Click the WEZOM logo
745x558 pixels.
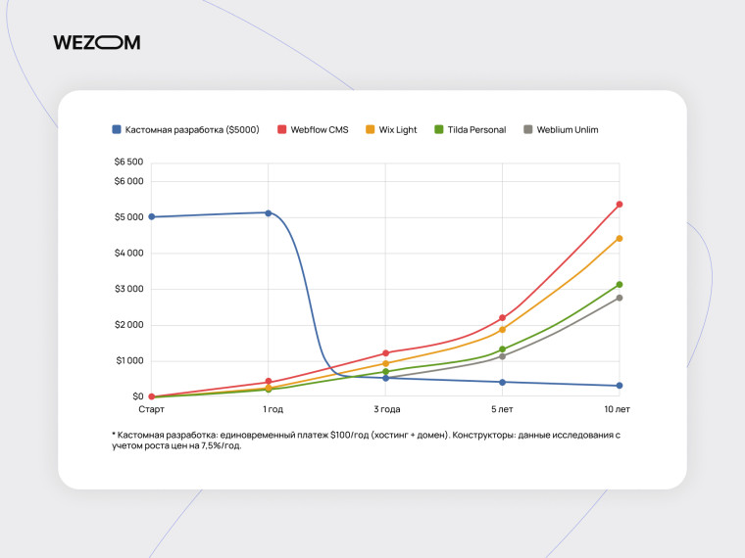(96, 42)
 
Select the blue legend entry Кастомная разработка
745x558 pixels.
(185, 129)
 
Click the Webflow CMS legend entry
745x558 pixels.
(313, 129)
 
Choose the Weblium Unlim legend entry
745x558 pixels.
(561, 129)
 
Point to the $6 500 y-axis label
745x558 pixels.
(128, 162)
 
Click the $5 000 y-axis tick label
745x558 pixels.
(128, 217)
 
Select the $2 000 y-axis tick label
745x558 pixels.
(128, 325)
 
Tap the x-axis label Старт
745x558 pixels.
(151, 409)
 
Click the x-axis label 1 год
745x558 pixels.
(273, 409)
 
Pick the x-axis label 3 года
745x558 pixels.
(386, 409)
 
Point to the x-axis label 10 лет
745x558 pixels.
(618, 409)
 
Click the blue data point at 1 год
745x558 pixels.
(269, 212)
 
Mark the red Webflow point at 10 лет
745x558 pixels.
(620, 205)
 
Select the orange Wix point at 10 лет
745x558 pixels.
(620, 238)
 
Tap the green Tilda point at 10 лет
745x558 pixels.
(620, 285)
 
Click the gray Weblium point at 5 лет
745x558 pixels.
(502, 356)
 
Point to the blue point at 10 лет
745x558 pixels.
(620, 386)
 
